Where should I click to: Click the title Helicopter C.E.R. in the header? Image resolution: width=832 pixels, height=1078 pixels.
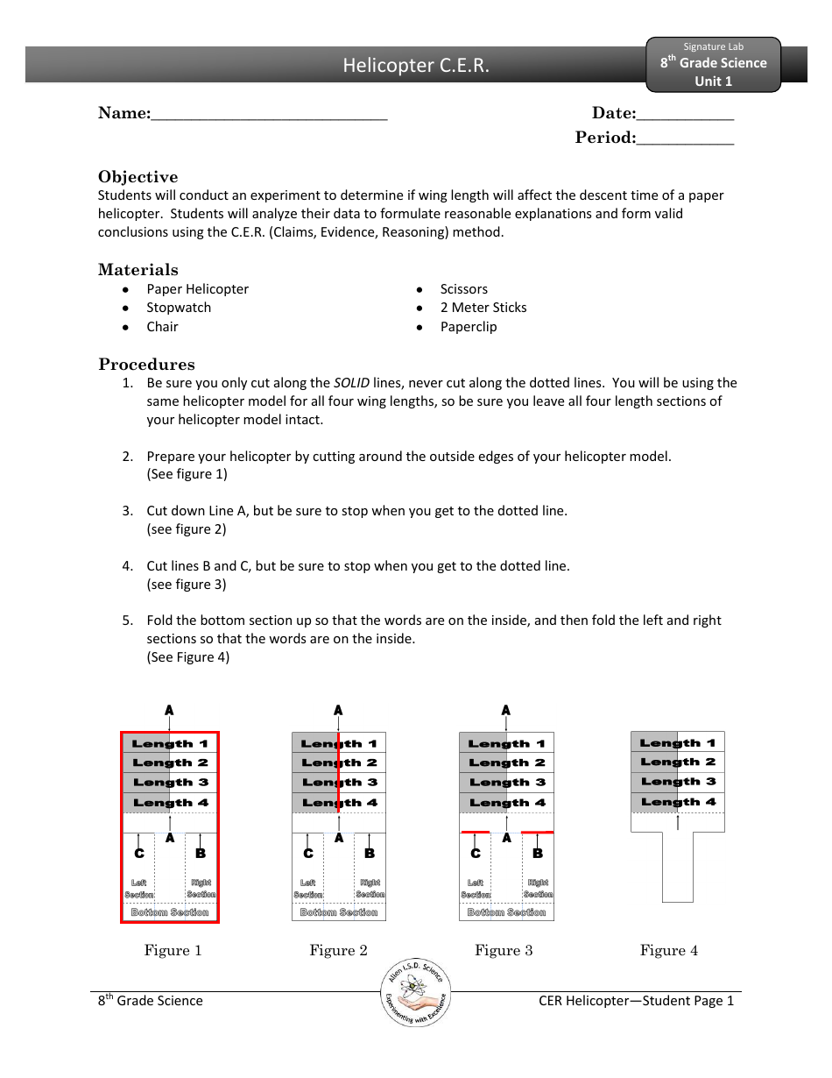416,66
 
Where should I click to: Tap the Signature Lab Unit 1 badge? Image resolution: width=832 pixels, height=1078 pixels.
713,64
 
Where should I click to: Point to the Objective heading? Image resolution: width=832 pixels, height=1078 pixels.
137,177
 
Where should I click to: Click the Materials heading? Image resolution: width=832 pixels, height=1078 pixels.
137,270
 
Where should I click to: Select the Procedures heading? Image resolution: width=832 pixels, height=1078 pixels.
146,365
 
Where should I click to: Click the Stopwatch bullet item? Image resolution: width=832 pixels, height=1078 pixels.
179,308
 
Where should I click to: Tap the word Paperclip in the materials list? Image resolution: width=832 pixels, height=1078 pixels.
469,327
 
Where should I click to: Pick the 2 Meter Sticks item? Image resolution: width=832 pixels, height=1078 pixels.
483,308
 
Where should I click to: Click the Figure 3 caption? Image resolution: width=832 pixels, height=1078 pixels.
504,951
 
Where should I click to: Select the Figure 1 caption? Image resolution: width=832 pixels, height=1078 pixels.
173,951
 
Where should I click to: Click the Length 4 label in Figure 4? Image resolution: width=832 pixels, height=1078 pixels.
678,802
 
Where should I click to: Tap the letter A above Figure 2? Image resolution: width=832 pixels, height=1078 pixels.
338,711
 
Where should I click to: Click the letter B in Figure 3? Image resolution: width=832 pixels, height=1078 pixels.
537,854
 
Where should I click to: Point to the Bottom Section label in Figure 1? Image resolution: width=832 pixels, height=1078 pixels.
170,912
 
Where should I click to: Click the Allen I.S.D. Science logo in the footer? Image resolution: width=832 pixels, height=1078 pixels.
416,993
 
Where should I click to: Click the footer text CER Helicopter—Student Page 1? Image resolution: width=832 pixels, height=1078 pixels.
636,1001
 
